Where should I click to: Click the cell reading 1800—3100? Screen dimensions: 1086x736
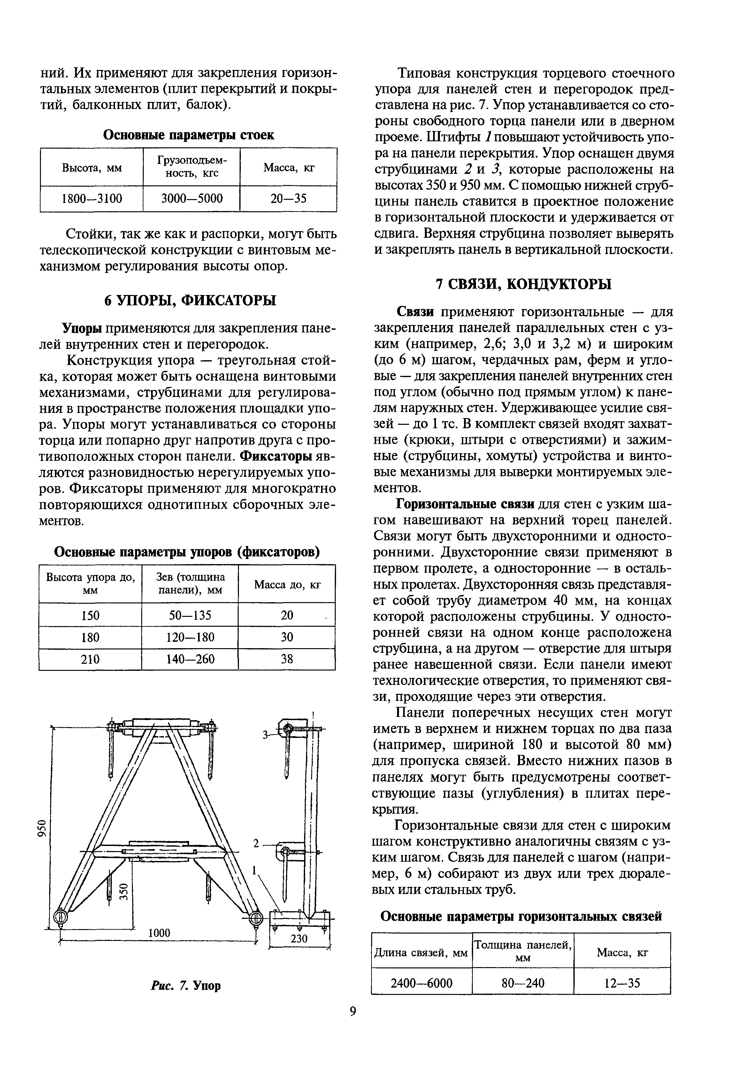click(x=92, y=198)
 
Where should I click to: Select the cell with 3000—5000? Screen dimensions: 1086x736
click(x=191, y=198)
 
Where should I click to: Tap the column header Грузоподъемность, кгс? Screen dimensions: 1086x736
click(x=191, y=167)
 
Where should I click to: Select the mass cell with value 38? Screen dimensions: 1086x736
click(x=287, y=659)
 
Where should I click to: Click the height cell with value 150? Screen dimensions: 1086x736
click(x=90, y=615)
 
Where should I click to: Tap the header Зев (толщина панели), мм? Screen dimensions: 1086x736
click(x=190, y=584)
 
